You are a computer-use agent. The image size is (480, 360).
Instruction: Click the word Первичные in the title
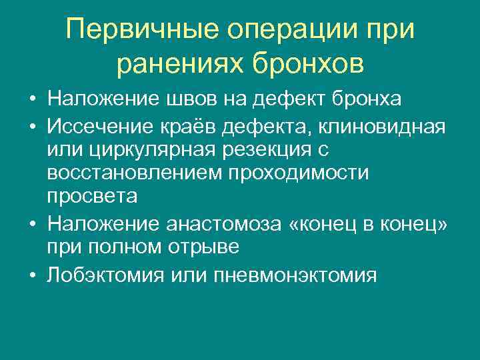(x=143, y=30)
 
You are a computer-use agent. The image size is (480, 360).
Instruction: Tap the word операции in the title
(x=294, y=30)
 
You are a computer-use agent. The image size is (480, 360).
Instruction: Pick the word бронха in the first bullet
(x=365, y=99)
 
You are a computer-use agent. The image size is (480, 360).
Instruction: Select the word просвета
(x=93, y=197)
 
